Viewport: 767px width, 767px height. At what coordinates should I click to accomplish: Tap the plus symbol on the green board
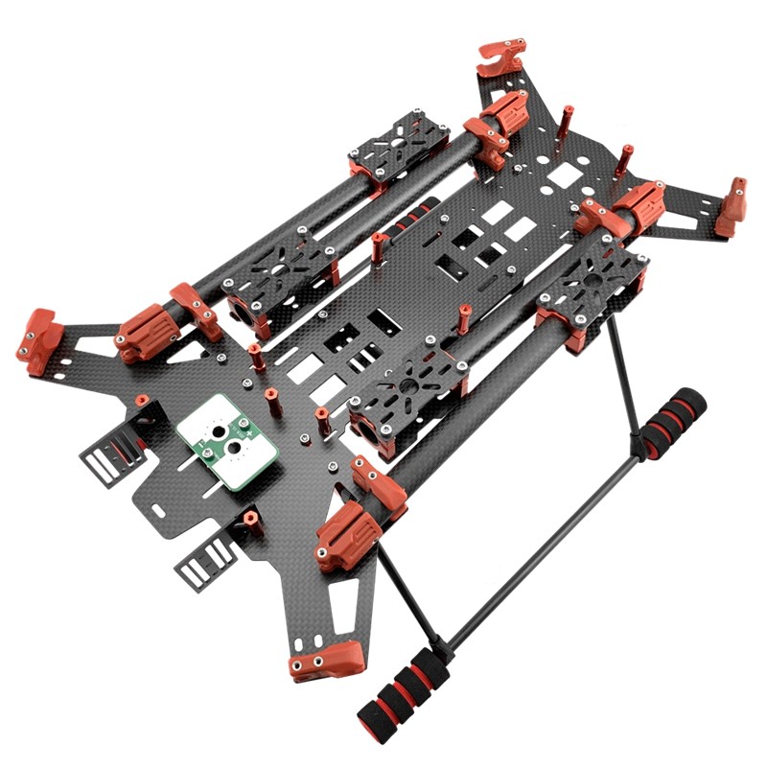pyautogui.click(x=250, y=434)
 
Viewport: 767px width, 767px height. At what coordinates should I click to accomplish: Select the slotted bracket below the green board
pyautogui.click(x=206, y=560)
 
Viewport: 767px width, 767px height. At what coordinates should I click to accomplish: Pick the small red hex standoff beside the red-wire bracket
pyautogui.click(x=142, y=399)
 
